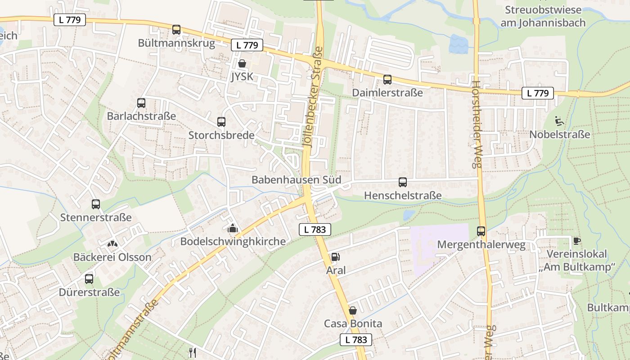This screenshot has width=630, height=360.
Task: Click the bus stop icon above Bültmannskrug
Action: pyautogui.click(x=176, y=30)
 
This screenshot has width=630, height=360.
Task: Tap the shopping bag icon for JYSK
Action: pyautogui.click(x=242, y=63)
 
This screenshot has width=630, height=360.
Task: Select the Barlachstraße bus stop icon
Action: pyautogui.click(x=141, y=103)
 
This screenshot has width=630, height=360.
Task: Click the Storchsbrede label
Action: pyautogui.click(x=221, y=135)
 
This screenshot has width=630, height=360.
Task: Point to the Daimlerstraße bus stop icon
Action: pyautogui.click(x=387, y=80)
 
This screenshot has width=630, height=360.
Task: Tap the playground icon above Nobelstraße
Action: pyautogui.click(x=560, y=121)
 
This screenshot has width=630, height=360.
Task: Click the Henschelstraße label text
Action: pyautogui.click(x=403, y=195)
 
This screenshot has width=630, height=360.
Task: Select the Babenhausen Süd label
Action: pyautogui.click(x=296, y=180)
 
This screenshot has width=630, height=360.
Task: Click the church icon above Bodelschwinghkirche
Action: pyautogui.click(x=233, y=228)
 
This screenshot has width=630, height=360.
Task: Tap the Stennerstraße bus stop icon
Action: pyautogui.click(x=96, y=204)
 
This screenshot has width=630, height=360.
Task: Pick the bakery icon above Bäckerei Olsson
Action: pyautogui.click(x=112, y=244)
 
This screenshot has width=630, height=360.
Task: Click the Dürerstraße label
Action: pyautogui.click(x=90, y=292)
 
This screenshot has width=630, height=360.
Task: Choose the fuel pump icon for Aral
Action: pyautogui.click(x=335, y=257)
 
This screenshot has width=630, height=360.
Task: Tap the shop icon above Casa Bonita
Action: pyautogui.click(x=353, y=310)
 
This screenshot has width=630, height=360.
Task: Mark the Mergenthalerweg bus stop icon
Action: pyautogui.click(x=481, y=231)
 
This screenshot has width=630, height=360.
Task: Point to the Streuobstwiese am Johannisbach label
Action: pyautogui.click(x=543, y=16)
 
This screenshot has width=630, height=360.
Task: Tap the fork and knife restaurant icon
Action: pyautogui.click(x=193, y=352)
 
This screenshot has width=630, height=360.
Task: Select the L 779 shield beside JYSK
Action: pyautogui.click(x=247, y=45)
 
